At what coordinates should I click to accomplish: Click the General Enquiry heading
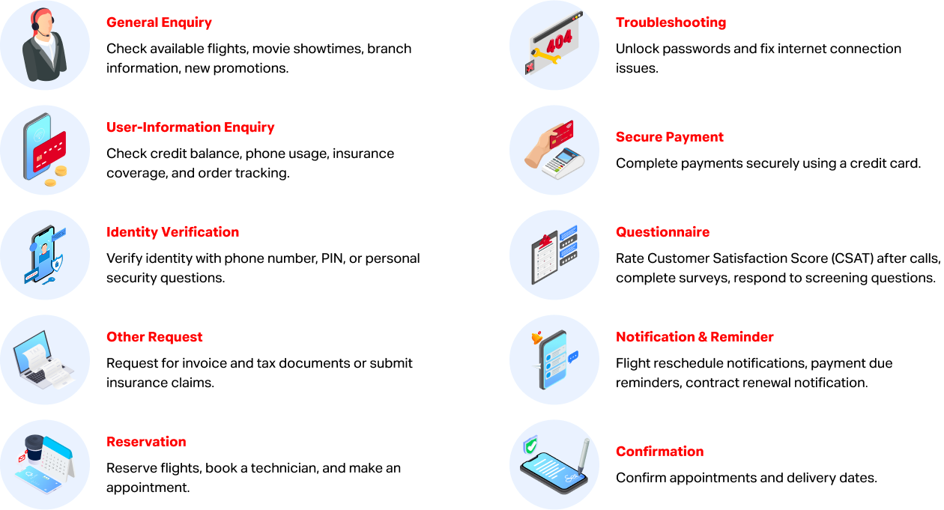click(x=159, y=22)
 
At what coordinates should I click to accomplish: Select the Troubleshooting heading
click(x=671, y=22)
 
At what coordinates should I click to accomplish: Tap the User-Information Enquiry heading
click(x=190, y=127)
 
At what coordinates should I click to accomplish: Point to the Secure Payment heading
click(x=669, y=137)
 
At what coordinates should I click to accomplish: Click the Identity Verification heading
click(x=172, y=232)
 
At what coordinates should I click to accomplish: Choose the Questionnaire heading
click(x=662, y=232)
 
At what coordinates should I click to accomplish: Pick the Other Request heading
click(x=154, y=337)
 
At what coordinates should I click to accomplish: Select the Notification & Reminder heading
click(x=695, y=337)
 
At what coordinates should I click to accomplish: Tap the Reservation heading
click(x=146, y=442)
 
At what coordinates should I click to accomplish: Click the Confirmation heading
click(x=659, y=452)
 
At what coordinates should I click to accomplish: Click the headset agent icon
click(x=44, y=46)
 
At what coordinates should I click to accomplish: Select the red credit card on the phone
click(x=49, y=151)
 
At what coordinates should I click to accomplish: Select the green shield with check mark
click(x=530, y=446)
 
